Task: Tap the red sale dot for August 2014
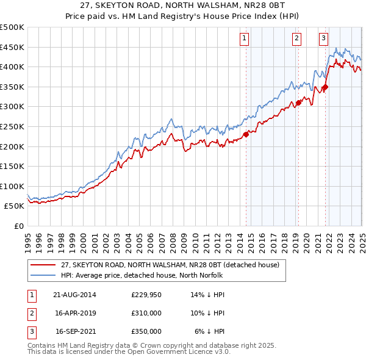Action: (246, 134)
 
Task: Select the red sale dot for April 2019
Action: (298, 103)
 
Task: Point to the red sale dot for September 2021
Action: (326, 87)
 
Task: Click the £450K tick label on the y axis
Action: (12, 47)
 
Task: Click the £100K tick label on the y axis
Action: (12, 186)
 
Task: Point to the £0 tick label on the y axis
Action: (18, 226)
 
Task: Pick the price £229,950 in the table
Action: (146, 295)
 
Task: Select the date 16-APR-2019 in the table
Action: (76, 313)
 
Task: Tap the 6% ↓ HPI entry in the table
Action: (210, 331)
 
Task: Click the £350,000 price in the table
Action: (146, 331)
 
